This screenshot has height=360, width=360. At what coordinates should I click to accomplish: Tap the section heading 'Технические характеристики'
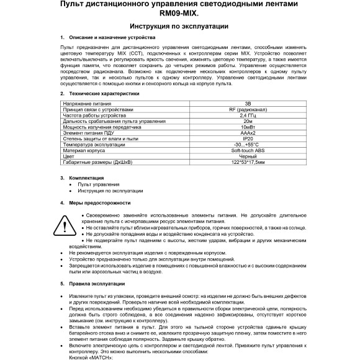click(104, 93)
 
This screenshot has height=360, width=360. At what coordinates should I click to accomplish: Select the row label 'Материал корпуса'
click(84, 150)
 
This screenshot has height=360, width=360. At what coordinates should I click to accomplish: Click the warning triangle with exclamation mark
click(65, 225)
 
